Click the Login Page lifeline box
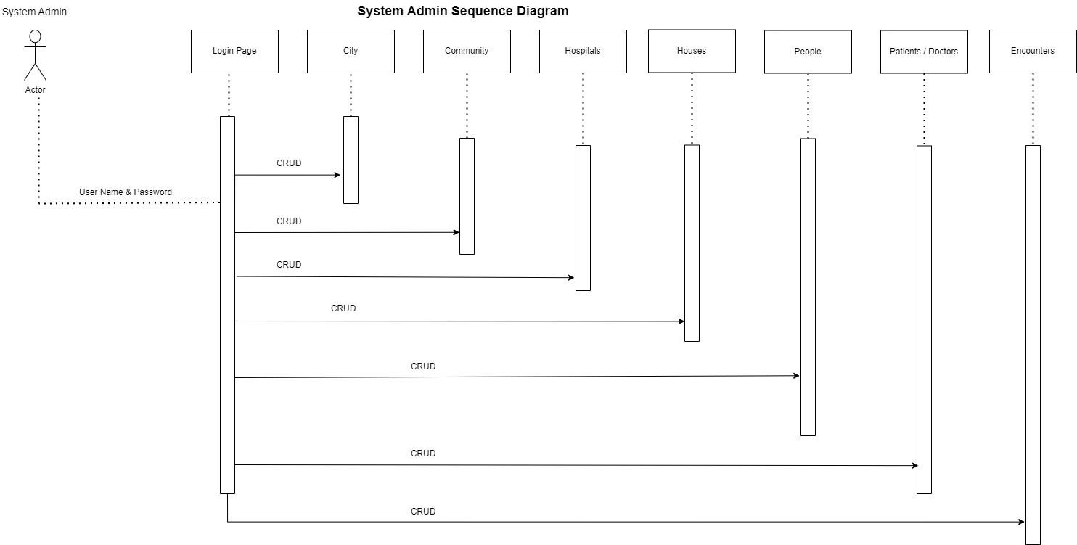[x=234, y=52]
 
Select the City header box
[x=351, y=52]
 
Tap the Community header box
[x=467, y=52]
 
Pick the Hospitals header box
[x=583, y=52]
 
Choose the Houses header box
[x=692, y=52]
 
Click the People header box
[x=808, y=52]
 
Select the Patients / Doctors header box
[x=924, y=52]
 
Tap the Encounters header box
[x=1033, y=52]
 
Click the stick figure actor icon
[x=35, y=55]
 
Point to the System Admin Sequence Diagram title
[x=463, y=11]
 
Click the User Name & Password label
[x=126, y=192]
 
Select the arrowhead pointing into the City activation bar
[x=337, y=175]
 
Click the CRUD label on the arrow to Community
[x=289, y=221]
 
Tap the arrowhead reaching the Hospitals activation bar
[x=571, y=277]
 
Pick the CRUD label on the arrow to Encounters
[x=423, y=512]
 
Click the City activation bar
[x=351, y=160]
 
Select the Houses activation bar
[x=692, y=243]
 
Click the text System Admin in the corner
[x=34, y=12]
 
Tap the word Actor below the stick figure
[x=35, y=90]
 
